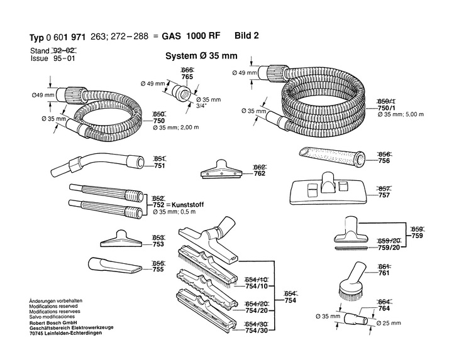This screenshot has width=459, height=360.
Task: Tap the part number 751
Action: pyautogui.click(x=159, y=166)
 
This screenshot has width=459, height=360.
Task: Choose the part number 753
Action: pyautogui.click(x=159, y=245)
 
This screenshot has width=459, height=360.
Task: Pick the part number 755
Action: pyautogui.click(x=159, y=270)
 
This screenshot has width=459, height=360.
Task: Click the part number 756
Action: pyautogui.click(x=385, y=161)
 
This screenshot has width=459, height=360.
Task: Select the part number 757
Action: pyautogui.click(x=385, y=195)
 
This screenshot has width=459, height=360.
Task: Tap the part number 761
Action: pyautogui.click(x=385, y=273)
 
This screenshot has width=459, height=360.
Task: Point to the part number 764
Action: pyautogui.click(x=385, y=308)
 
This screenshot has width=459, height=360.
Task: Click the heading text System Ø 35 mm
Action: pyautogui.click(x=201, y=55)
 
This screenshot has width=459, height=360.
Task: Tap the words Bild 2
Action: pyautogui.click(x=246, y=36)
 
